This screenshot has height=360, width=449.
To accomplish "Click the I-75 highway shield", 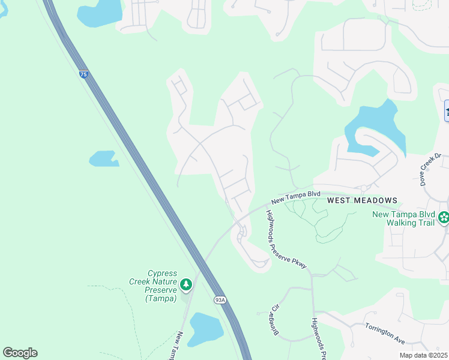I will pyautogui.click(x=83, y=74).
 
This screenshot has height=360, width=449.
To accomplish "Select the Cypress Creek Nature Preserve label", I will pyautogui.click(x=153, y=286).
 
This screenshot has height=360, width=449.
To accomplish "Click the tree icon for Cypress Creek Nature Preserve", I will pyautogui.click(x=186, y=283).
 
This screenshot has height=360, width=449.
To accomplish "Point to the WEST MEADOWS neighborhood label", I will pyautogui.click(x=362, y=200).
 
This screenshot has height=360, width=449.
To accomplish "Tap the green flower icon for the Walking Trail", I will pyautogui.click(x=444, y=217).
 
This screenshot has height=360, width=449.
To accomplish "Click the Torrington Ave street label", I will pyautogui.click(x=385, y=333).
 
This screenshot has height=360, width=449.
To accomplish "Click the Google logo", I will pyautogui.click(x=20, y=353).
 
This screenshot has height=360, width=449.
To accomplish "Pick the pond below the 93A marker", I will pyautogui.click(x=205, y=329).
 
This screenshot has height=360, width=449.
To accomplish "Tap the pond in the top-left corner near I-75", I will pyautogui.click(x=100, y=12).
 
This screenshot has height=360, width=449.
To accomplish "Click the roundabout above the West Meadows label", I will pyautogui.click(x=364, y=188).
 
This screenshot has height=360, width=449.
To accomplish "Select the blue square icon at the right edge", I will pyautogui.click(x=447, y=111).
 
